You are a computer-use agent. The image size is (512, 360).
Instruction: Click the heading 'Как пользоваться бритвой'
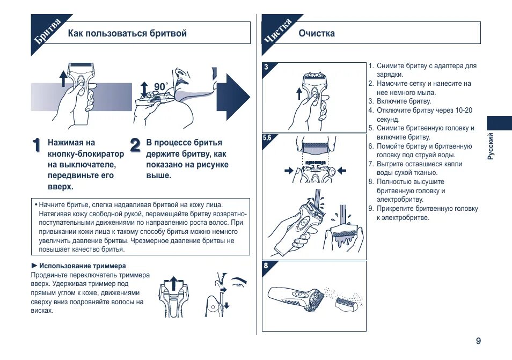[127, 33]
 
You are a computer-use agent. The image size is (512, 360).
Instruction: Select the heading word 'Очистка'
[317, 33]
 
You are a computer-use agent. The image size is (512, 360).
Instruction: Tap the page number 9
[478, 341]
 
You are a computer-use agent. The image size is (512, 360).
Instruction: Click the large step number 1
[36, 145]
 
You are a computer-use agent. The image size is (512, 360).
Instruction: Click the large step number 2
[135, 145]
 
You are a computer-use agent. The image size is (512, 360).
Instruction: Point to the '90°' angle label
[161, 87]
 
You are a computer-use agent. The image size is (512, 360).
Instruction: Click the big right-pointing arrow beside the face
[236, 96]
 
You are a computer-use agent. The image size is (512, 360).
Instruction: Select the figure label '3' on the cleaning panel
[266, 67]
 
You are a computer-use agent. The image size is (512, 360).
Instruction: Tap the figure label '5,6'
[267, 138]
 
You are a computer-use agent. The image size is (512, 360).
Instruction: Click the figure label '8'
[266, 265]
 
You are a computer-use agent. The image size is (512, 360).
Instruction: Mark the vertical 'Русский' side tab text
[490, 146]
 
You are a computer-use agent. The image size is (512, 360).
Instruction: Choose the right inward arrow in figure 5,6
[341, 170]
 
